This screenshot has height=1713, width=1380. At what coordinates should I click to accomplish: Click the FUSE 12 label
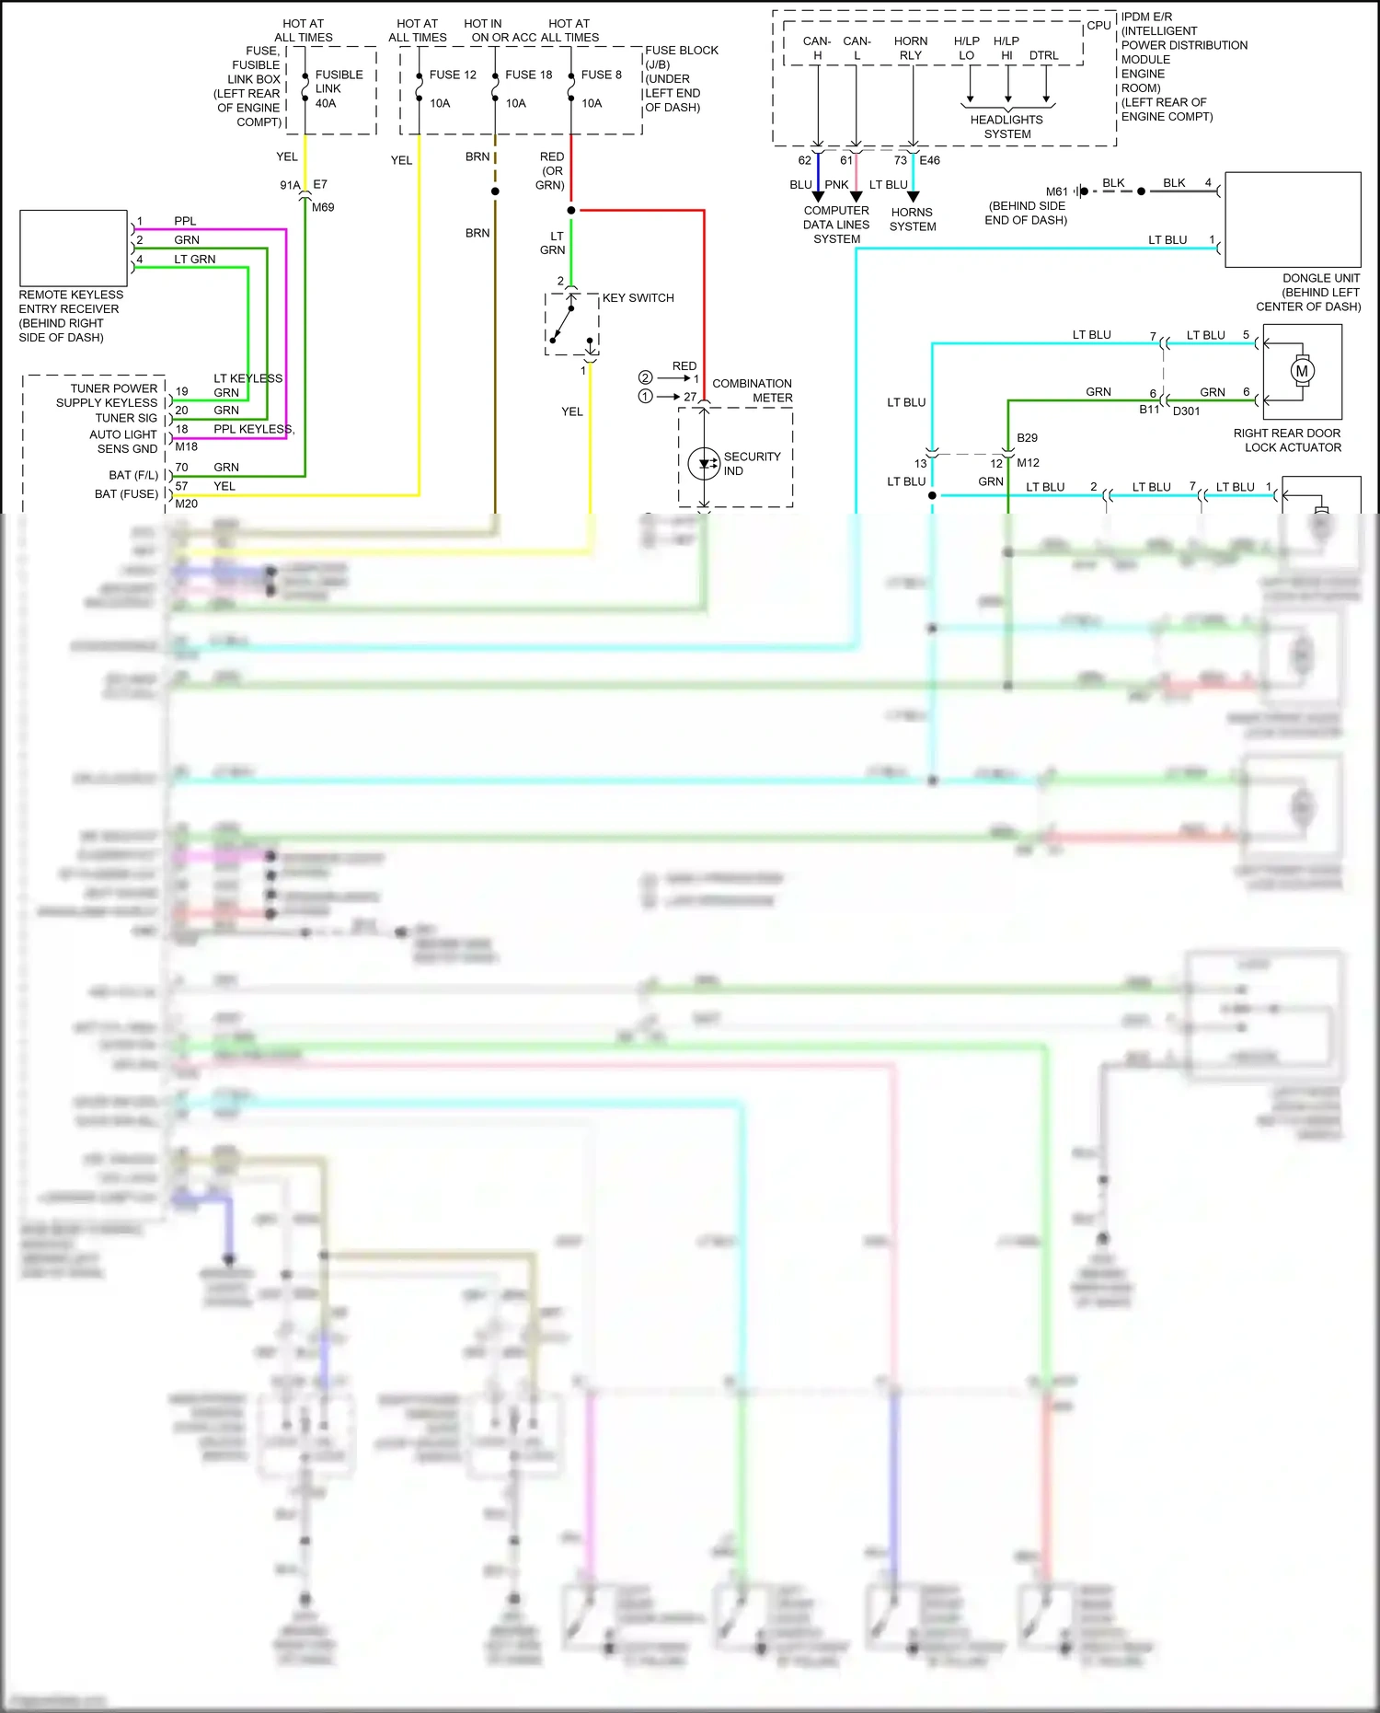452,75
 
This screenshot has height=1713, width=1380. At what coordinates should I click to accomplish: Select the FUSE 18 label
528,75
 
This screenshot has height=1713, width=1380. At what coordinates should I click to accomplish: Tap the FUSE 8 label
601,75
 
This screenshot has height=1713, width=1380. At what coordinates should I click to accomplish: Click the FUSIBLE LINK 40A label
338,88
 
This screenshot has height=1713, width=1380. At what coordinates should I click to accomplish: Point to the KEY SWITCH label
638,298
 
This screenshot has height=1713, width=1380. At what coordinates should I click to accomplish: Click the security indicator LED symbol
704,463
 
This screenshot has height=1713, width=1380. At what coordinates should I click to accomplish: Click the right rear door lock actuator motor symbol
1301,371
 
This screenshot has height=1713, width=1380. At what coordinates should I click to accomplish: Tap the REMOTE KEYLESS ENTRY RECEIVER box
74,248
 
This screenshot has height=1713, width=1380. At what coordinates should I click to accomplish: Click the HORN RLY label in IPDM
910,48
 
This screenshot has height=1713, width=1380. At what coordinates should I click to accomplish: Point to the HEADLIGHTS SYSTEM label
1006,127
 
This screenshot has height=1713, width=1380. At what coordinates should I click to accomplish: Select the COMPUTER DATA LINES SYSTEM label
835,225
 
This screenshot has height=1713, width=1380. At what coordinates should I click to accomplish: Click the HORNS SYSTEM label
912,219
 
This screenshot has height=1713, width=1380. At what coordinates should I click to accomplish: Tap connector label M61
1056,191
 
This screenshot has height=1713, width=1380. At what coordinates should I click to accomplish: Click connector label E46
929,160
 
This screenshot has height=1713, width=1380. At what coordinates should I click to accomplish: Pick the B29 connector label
1027,438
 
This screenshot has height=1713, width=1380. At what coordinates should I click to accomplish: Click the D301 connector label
1186,411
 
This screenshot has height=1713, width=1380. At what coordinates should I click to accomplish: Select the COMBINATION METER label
752,390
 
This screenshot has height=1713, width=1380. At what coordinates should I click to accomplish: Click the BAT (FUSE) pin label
126,494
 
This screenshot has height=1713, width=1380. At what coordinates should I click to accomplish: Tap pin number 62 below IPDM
804,160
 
